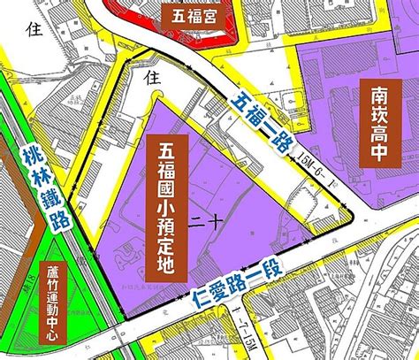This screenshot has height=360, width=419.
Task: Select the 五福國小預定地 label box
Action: tap(165, 204)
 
